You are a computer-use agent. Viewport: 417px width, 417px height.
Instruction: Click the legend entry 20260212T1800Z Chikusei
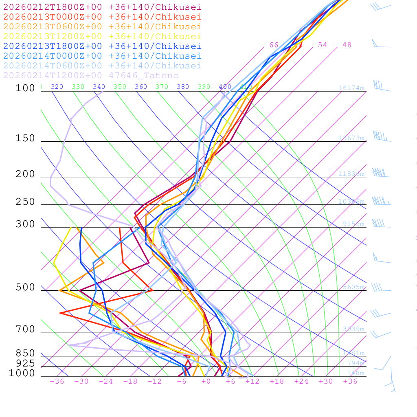point(102,7)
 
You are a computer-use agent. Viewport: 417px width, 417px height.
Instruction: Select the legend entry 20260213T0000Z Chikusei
point(102,17)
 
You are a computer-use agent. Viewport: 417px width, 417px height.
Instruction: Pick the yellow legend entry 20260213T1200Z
point(102,36)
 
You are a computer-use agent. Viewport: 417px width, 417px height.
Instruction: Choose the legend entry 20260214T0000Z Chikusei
point(102,56)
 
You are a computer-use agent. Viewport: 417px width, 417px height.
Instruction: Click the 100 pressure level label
point(25,88)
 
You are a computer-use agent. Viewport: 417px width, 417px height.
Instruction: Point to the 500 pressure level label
point(25,288)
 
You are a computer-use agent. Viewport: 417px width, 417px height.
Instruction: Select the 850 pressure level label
point(25,353)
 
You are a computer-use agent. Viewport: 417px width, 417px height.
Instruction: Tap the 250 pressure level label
point(25,202)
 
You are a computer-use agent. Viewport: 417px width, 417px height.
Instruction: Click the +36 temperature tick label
point(350,381)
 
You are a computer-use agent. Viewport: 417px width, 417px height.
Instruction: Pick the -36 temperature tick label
point(57,381)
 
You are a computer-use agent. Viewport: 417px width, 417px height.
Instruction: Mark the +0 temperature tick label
point(206,381)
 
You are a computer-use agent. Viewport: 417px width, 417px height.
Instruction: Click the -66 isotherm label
point(271,45)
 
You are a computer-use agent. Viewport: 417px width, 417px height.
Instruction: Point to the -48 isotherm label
point(345,45)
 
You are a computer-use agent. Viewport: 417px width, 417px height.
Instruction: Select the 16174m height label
point(351,88)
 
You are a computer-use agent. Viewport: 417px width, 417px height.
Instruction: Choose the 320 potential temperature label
point(57,87)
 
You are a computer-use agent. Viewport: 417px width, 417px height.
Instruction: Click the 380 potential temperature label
point(183,87)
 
